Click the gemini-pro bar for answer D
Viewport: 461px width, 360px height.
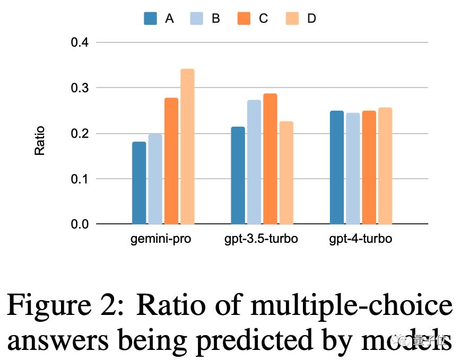point(187,146)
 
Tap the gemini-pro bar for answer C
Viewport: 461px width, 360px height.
point(171,161)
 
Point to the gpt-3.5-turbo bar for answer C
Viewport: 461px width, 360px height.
point(270,159)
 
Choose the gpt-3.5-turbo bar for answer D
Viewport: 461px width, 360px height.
point(286,172)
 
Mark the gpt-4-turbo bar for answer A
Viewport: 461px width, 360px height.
point(337,168)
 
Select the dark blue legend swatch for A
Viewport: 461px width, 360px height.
point(151,19)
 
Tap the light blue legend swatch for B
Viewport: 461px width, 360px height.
point(197,19)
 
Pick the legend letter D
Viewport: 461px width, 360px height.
point(311,19)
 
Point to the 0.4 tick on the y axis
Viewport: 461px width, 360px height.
point(80,42)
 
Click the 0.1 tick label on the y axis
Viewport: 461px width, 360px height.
point(80,179)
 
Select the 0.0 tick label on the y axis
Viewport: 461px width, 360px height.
point(80,224)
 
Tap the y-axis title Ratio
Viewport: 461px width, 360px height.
point(40,141)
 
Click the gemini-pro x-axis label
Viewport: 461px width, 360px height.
point(161,239)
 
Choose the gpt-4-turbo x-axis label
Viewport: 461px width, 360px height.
point(360,239)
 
